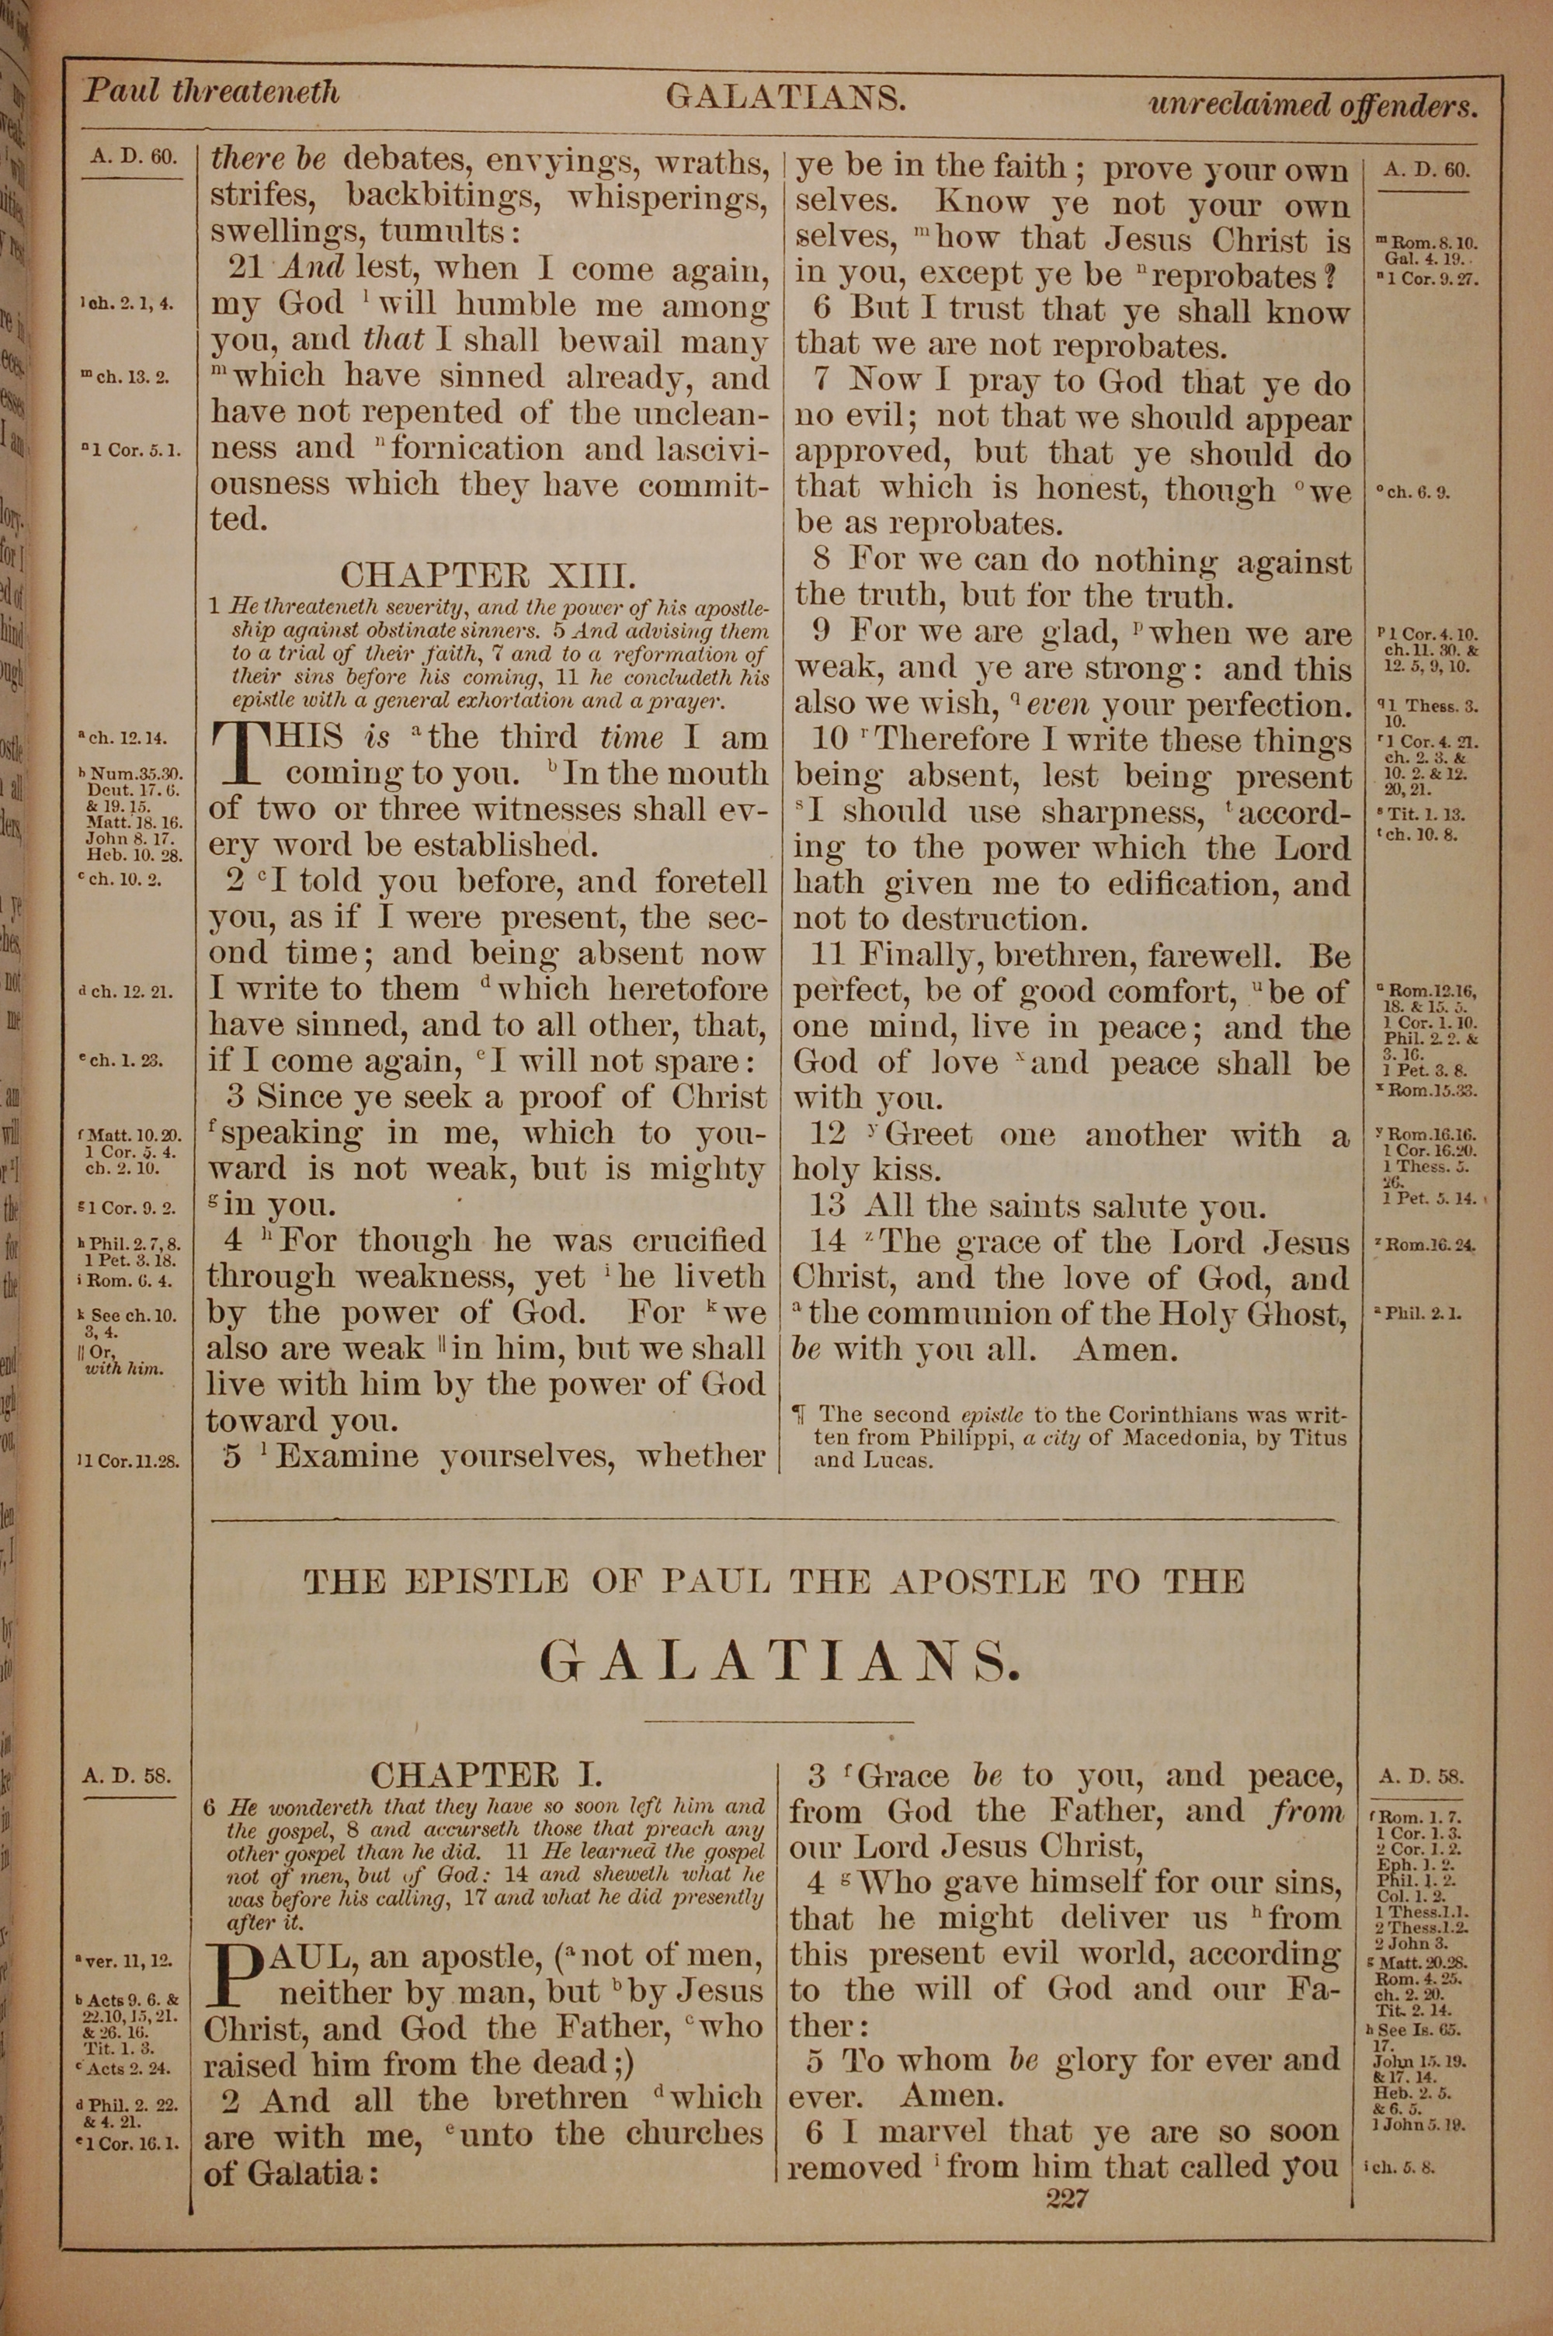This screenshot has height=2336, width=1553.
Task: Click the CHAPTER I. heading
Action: pos(485,1800)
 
